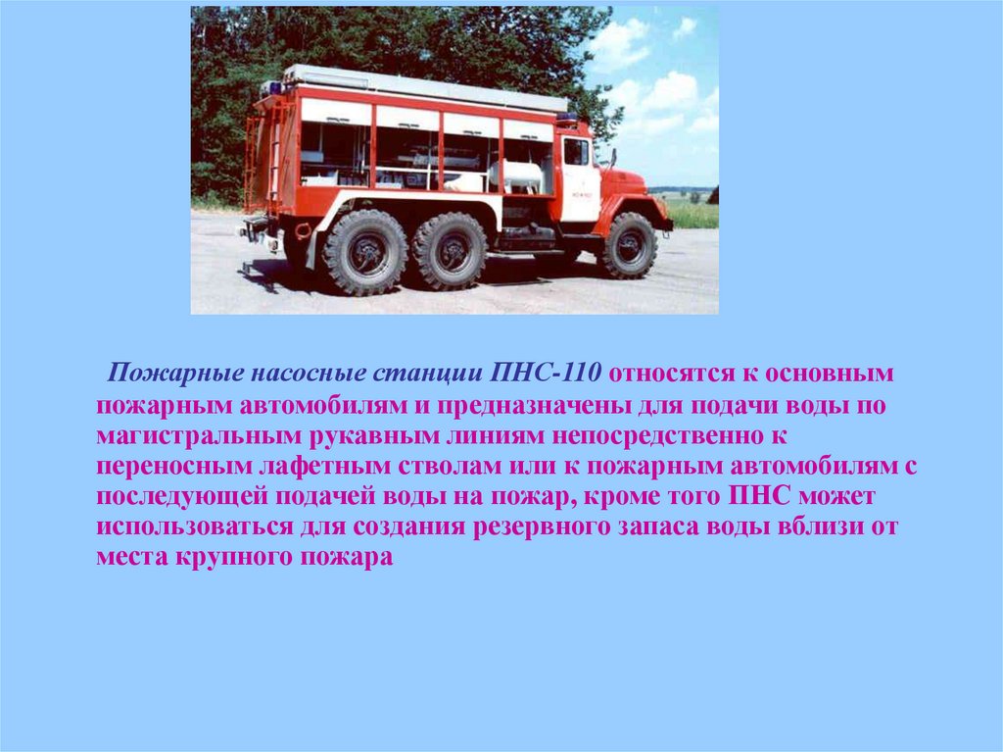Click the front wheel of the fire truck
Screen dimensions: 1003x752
[x=628, y=245]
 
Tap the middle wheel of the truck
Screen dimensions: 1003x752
[x=450, y=250]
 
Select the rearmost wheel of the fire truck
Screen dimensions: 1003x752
[x=364, y=252]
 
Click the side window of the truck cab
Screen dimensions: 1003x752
[x=576, y=152]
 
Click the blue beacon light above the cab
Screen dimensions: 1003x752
[x=566, y=118]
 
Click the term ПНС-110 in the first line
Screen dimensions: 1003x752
[x=546, y=373]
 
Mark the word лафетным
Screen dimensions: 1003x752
[x=324, y=467]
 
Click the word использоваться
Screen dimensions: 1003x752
[x=195, y=527]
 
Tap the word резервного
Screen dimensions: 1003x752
[x=542, y=527]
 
